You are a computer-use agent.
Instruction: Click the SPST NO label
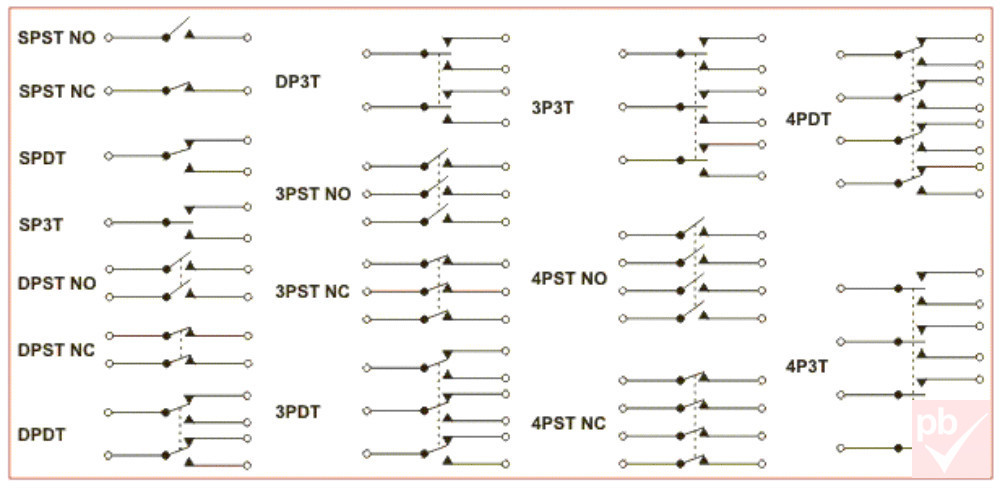(57, 38)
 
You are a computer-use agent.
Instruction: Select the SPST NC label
(57, 91)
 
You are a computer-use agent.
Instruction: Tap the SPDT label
(41, 158)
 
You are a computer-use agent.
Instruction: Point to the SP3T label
(40, 225)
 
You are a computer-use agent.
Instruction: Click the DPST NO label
(57, 283)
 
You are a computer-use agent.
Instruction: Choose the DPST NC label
(56, 350)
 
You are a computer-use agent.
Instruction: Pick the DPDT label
(42, 434)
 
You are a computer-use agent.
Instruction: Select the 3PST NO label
(313, 194)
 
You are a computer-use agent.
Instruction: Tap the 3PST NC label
(312, 292)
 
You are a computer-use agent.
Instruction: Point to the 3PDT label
(298, 412)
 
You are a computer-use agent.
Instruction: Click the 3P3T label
(552, 108)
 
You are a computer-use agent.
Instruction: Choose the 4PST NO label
(569, 279)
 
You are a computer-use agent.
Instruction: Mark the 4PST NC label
(568, 423)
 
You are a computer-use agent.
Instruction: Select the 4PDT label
(809, 119)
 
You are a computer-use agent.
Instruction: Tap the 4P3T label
(807, 366)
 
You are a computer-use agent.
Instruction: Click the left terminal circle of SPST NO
(108, 38)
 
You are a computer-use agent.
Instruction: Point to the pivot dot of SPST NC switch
(166, 91)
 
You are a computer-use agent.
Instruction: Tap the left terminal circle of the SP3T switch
(108, 223)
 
